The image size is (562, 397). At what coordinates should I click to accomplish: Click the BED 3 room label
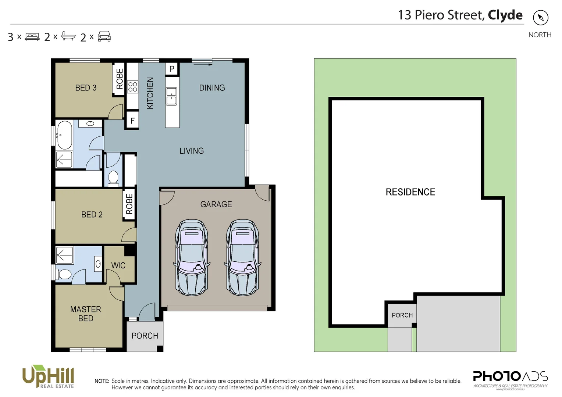pos(86,88)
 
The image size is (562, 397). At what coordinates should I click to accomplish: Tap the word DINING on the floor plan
pos(212,88)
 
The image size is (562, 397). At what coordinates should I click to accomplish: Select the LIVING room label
pos(192,151)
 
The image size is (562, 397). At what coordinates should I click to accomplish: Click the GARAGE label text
pos(216,204)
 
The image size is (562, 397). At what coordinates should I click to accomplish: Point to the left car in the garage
pos(192,257)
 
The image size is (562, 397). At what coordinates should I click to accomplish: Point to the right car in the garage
pos(242,257)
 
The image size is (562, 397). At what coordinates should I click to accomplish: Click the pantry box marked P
pos(172,69)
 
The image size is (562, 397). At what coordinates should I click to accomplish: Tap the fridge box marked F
pos(132,121)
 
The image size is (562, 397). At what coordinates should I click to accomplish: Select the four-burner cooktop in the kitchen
pos(132,87)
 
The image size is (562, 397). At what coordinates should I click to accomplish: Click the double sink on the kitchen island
pos(171,96)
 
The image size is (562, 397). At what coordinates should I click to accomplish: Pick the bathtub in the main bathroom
pos(64,135)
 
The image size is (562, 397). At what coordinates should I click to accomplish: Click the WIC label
pos(118,265)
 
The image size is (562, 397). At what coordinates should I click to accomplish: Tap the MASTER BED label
pos(86,314)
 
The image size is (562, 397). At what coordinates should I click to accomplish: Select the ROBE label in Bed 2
pos(129,204)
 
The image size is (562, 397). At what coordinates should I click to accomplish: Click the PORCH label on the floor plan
pos(145,336)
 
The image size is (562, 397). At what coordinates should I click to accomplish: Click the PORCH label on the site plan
pos(402,315)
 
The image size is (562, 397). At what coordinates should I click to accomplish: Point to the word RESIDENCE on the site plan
pos(410,192)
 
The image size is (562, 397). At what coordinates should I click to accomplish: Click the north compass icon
pos(540,18)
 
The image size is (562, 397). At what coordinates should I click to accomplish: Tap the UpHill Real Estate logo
pos(48,376)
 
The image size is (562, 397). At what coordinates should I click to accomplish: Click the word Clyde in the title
pos(505,15)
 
